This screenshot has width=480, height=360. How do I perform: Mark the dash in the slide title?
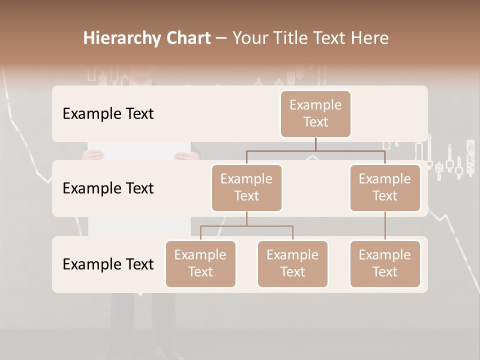[x=221, y=38]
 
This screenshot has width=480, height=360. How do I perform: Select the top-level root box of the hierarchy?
[x=315, y=113]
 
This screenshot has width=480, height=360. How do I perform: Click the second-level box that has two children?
[x=246, y=187]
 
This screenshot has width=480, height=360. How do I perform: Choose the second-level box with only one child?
[x=385, y=187]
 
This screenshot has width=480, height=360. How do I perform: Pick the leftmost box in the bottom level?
[x=200, y=263]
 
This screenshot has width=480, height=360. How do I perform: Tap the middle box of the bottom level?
[x=292, y=263]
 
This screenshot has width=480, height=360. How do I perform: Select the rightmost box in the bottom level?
[x=385, y=263]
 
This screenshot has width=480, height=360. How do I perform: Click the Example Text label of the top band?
[x=108, y=113]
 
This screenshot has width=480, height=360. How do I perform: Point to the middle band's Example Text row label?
[x=108, y=188]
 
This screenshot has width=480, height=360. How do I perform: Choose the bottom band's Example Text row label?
[x=108, y=264]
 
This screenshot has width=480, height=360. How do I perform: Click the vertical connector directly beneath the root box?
[x=315, y=144]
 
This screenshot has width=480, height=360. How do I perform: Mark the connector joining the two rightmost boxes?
[x=385, y=226]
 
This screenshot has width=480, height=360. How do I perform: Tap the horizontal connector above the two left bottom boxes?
[x=246, y=226]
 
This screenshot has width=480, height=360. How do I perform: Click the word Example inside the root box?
[x=315, y=105]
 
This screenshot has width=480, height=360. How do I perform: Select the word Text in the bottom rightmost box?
[x=385, y=272]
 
